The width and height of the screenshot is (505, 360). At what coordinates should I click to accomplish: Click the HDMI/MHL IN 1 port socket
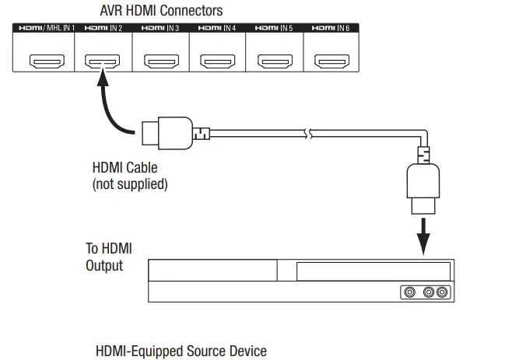point(46,60)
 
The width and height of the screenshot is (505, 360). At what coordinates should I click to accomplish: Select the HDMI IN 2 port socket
point(103,60)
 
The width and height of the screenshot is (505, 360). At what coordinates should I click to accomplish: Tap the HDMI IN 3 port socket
point(160,60)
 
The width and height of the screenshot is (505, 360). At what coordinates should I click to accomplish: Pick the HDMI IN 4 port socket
point(217,60)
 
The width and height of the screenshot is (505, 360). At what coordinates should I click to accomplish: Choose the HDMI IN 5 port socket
point(274,60)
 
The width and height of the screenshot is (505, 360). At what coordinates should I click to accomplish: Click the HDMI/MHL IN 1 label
point(46,28)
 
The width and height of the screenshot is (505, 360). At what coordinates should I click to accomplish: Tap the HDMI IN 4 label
point(217,28)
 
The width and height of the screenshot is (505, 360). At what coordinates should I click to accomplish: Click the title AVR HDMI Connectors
point(161,10)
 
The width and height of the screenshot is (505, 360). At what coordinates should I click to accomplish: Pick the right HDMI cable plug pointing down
point(423,187)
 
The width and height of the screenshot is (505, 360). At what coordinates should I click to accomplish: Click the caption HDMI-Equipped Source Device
point(181,351)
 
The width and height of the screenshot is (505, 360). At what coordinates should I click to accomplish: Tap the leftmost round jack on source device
point(409,293)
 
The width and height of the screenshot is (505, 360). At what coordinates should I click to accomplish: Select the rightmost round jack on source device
point(442,293)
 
